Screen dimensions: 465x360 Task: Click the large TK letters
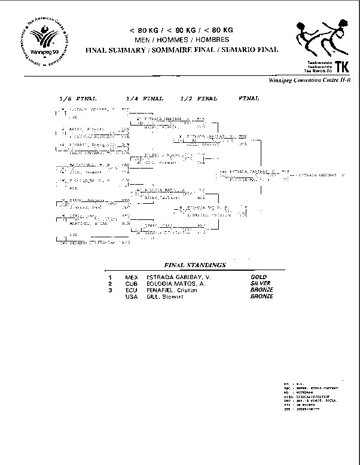343,66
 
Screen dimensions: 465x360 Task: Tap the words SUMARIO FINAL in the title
249,50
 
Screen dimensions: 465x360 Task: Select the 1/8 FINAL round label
78,97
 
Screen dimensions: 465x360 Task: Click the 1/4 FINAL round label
145,97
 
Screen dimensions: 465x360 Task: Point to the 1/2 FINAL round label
199,97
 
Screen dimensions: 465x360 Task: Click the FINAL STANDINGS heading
195,264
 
